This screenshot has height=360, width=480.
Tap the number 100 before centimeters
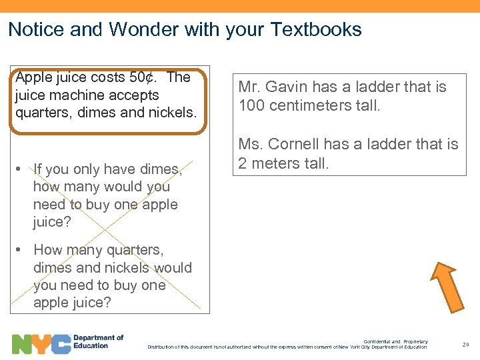pyautogui.click(x=252, y=105)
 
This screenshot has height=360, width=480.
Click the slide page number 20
pyautogui.click(x=465, y=345)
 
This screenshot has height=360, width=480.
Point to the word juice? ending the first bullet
pyautogui.click(x=52, y=222)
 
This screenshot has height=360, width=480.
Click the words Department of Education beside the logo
pyautogui.click(x=98, y=341)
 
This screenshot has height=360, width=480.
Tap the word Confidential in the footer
pyautogui.click(x=377, y=342)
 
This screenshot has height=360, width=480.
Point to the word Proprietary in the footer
pyautogui.click(x=415, y=342)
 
